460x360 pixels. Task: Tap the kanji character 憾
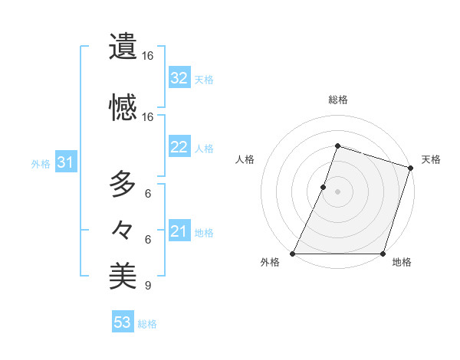point(123,107)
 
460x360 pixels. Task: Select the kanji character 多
point(123,185)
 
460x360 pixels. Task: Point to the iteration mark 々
point(123,229)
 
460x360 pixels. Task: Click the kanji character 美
point(123,277)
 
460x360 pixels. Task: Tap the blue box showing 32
point(179,78)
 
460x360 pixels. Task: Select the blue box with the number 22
point(179,148)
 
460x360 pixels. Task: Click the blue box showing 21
point(179,231)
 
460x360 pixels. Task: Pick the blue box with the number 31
point(64,162)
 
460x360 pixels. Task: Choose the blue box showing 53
point(123,322)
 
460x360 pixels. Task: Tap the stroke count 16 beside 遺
point(148,56)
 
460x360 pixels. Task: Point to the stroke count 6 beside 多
point(148,194)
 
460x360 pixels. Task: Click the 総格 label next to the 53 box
point(147,324)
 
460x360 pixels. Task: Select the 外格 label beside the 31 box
point(41,163)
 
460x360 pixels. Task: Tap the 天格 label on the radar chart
point(431,159)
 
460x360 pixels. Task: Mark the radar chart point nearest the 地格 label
point(383,254)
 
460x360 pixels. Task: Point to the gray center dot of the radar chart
point(337,191)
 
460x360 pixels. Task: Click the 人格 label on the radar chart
point(245,159)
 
